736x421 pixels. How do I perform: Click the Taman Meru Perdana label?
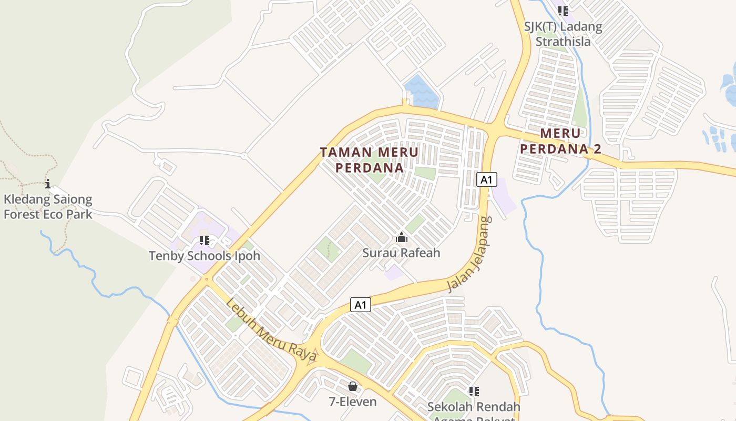point(370,160)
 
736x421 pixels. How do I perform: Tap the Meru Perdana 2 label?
point(560,141)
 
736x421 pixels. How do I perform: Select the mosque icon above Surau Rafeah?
point(402,238)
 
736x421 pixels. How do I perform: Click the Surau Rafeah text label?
point(401,253)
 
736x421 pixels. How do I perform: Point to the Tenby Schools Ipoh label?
point(204,256)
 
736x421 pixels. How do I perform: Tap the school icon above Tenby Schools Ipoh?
point(205,241)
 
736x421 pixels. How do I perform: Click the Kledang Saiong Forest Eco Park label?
point(48,207)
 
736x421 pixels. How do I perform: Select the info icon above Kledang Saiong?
point(48,184)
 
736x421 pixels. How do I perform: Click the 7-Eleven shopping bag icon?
point(353,387)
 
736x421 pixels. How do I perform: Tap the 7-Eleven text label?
point(353,402)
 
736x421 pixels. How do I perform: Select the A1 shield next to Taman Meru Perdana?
point(487,180)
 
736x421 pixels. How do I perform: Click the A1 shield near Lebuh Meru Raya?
point(361,305)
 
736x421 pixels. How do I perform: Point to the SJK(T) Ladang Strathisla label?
point(563,34)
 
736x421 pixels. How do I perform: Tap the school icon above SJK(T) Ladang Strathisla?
point(563,11)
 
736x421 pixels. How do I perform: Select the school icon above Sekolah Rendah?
point(474,392)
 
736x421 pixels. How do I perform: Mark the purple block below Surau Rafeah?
point(394,272)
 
